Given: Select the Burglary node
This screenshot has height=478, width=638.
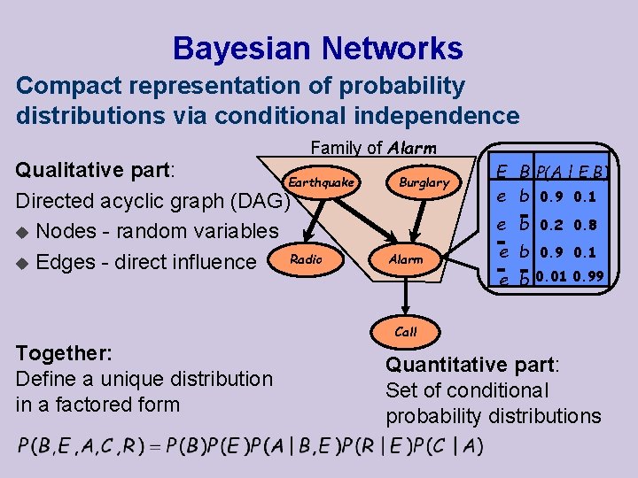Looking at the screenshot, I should [x=424, y=182].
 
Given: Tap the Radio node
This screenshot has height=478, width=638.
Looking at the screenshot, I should [x=306, y=258].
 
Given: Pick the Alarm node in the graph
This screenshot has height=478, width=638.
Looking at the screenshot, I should [x=406, y=259].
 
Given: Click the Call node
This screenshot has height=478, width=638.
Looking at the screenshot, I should [x=406, y=332].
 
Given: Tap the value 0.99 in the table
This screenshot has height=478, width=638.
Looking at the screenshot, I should [x=588, y=277].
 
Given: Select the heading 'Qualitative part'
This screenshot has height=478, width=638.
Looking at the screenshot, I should [x=97, y=168].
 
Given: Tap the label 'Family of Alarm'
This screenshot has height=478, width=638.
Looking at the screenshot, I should [x=373, y=149].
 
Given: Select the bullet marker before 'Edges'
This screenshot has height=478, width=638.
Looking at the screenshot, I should [x=25, y=263].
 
